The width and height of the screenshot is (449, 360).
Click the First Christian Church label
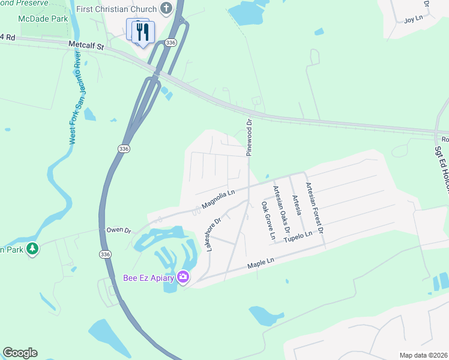point(116,10)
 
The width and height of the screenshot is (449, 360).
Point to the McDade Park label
point(42,19)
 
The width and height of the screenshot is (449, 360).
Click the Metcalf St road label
point(86,44)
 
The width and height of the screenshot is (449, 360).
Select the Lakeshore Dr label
point(214,234)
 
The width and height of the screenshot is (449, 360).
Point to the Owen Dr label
point(118,229)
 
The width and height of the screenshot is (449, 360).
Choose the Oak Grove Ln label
point(268,220)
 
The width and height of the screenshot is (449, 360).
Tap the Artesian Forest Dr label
point(315,208)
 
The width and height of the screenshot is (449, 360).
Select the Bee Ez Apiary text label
point(148,277)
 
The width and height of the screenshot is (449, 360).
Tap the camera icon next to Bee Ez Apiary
point(182,277)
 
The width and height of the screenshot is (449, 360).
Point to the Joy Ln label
point(413,20)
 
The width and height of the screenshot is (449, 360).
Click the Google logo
point(20,353)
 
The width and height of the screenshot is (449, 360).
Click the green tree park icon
point(32,248)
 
